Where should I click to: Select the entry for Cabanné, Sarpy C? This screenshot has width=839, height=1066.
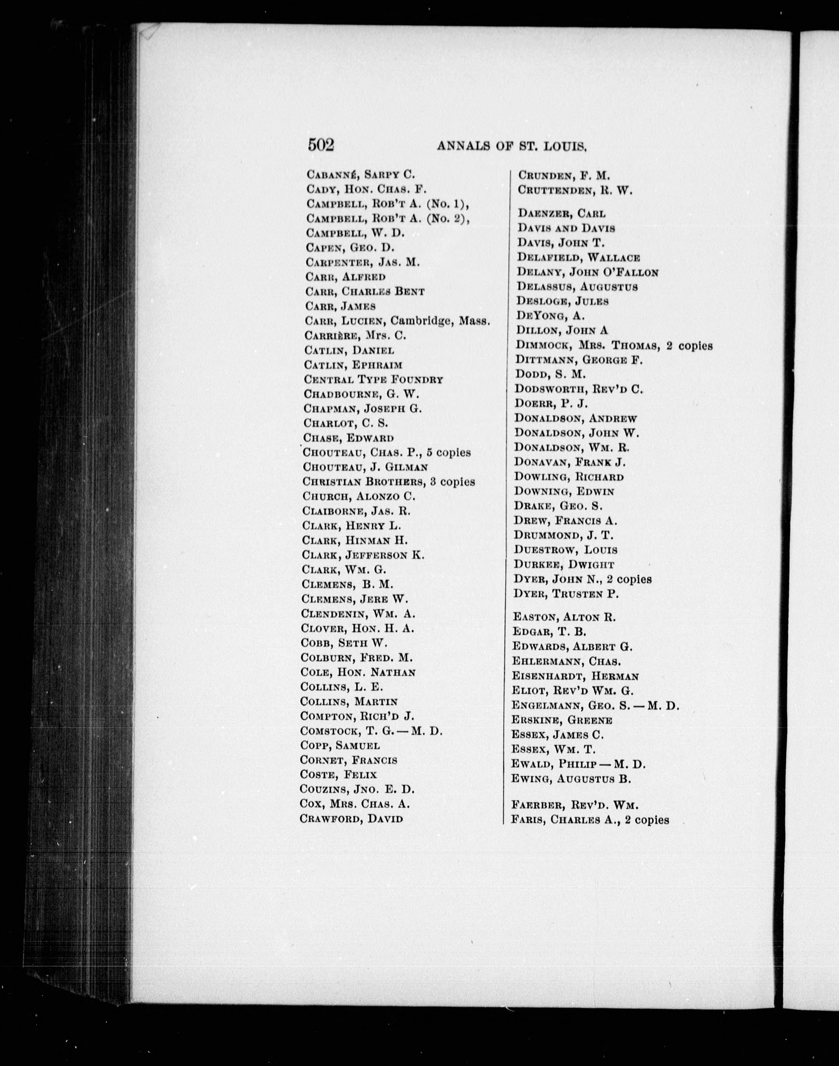pyautogui.click(x=360, y=174)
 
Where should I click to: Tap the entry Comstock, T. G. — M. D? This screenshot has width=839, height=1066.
pyautogui.click(x=371, y=731)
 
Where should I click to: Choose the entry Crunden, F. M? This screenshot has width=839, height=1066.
pyautogui.click(x=564, y=175)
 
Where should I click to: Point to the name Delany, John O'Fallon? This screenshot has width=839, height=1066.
pyautogui.click(x=587, y=272)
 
